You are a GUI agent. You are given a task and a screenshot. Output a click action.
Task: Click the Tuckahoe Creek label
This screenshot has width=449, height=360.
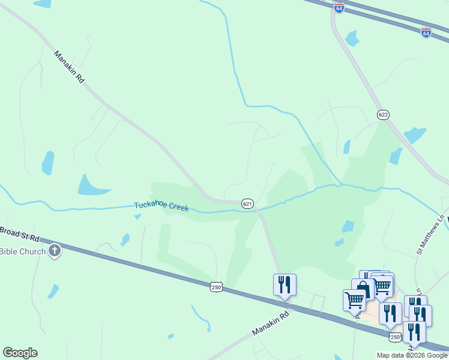click(161, 206)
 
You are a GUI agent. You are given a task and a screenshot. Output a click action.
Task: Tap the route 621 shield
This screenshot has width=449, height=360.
click(247, 204)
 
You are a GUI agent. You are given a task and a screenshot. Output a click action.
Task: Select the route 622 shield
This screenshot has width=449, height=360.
click(383, 114)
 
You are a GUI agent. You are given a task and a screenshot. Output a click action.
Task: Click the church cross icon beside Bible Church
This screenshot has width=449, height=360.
click(55, 250)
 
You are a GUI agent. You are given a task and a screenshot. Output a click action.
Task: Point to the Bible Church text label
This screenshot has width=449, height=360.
click(23, 251)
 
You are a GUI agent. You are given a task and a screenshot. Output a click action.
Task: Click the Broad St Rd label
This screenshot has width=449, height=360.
click(19, 233)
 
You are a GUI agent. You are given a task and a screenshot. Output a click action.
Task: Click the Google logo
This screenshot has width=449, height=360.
click(20, 352)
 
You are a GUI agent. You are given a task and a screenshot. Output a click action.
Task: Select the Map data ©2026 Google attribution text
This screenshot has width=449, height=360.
click(412, 355)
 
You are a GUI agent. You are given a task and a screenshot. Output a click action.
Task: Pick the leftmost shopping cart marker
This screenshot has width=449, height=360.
click(354, 299)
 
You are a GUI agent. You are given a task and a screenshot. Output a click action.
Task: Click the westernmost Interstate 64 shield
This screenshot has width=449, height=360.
click(339, 8)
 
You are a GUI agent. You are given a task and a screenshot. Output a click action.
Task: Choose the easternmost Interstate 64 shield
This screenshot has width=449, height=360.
click(426, 32)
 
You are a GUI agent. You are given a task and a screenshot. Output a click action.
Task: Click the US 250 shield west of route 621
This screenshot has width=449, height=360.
click(217, 287)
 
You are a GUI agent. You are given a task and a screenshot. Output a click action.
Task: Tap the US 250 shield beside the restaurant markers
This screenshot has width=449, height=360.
click(394, 337)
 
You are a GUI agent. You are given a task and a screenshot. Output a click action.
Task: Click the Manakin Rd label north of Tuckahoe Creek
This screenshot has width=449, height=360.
click(70, 66)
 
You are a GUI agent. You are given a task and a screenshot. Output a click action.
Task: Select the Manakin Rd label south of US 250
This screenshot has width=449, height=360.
click(270, 323)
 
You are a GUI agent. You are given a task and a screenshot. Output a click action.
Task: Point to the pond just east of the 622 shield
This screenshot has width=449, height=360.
click(415, 134)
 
